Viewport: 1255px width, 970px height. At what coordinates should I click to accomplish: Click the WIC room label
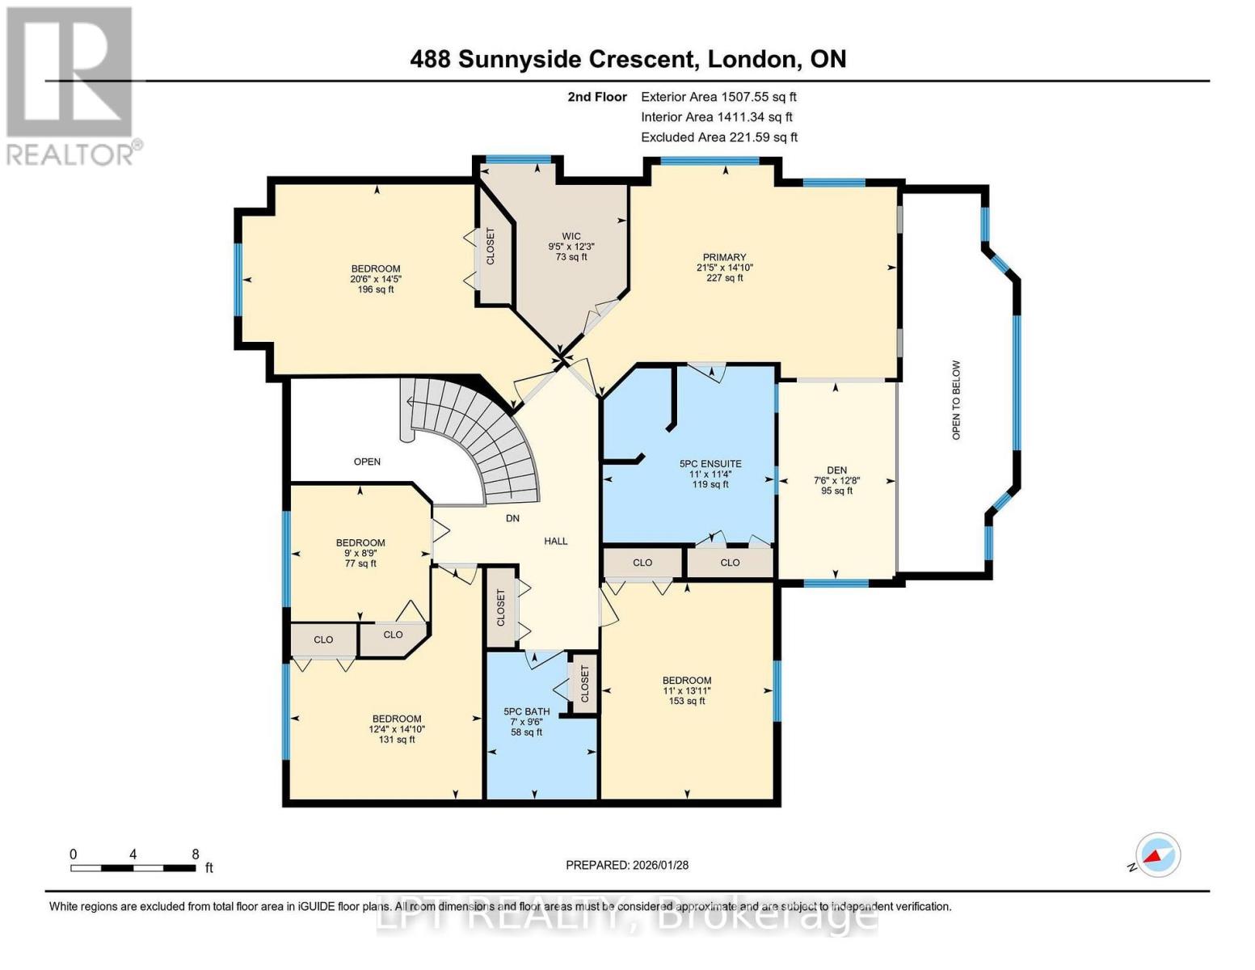click(571, 236)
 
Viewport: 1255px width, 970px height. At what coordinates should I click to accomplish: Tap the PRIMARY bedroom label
click(724, 257)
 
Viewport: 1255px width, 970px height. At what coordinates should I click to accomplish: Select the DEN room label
click(837, 470)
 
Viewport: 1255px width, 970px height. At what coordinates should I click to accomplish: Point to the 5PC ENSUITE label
click(710, 463)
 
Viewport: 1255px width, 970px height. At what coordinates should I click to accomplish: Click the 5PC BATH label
click(527, 712)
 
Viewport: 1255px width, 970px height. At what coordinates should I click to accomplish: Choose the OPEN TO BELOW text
click(957, 400)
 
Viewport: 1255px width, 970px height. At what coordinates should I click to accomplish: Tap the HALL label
click(556, 542)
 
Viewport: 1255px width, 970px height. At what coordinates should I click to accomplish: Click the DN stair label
click(512, 518)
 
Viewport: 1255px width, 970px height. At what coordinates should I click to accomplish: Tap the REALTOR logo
click(72, 86)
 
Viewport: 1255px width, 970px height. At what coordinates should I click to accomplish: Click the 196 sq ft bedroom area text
click(376, 289)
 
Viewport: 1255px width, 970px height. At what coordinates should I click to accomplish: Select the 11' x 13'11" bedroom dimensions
click(687, 690)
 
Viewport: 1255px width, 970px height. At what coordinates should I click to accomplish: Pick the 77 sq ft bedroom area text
click(360, 563)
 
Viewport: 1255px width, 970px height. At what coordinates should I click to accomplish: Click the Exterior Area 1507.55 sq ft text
click(718, 97)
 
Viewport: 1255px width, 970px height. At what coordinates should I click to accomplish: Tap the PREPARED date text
click(627, 865)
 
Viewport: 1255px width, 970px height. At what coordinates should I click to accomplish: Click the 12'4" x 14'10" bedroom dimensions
click(397, 729)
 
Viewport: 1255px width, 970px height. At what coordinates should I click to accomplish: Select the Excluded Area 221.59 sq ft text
click(719, 137)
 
